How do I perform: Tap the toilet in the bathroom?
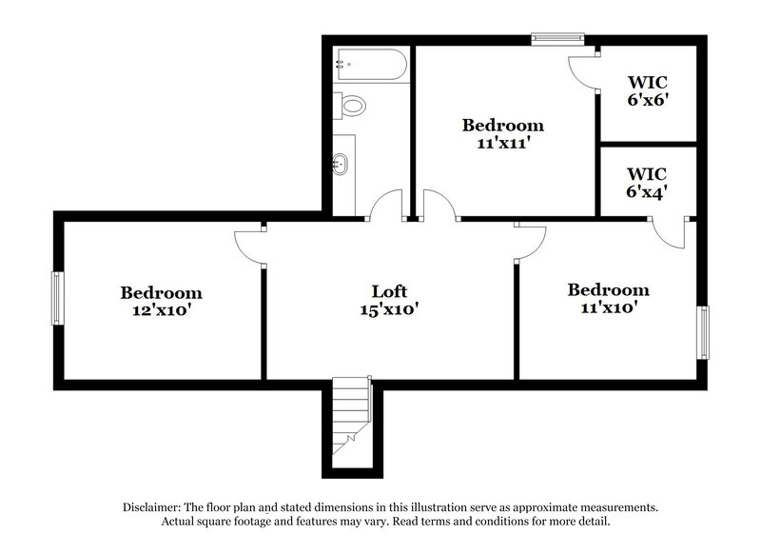(350, 105)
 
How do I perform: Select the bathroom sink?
(341, 164)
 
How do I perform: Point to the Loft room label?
(389, 291)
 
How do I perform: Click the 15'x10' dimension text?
(389, 308)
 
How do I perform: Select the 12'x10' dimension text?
(161, 309)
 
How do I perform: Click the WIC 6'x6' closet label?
(646, 90)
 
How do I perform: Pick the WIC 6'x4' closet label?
(646, 182)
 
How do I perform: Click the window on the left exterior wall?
(57, 298)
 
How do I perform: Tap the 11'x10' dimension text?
(608, 307)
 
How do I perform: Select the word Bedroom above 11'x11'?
(502, 125)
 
